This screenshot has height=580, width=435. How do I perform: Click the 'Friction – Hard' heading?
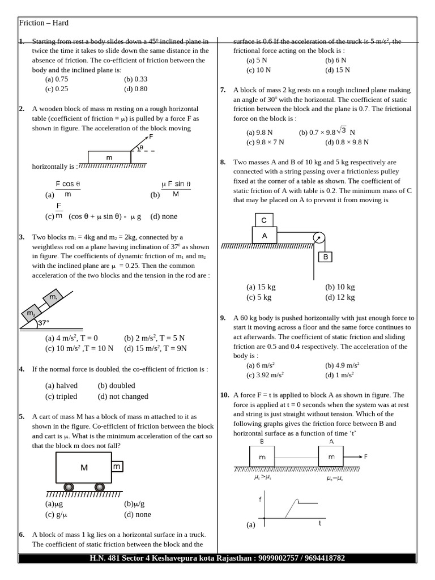coord(44,23)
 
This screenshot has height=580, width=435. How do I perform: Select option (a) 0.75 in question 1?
coord(57,79)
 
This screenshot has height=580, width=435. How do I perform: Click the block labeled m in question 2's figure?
coord(109,157)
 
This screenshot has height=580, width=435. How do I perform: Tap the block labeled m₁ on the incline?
coord(54,297)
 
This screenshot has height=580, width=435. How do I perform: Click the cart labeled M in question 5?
coord(83,467)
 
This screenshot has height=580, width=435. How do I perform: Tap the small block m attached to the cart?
coord(117,466)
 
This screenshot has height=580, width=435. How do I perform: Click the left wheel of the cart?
coord(69,487)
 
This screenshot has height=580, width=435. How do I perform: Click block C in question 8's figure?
coord(264,220)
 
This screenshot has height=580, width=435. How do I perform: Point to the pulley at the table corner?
coord(318,238)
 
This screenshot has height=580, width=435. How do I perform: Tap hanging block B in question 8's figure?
coord(326,257)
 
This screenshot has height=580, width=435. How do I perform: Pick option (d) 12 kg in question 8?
coord(340,297)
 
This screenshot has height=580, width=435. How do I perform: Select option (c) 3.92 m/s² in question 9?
coord(265,375)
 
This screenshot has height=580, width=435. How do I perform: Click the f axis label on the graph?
coord(259,499)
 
